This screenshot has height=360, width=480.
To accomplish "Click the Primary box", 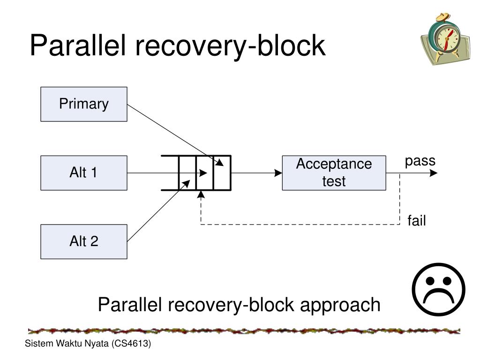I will click(x=83, y=104).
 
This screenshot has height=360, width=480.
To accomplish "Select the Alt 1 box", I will click(x=83, y=173).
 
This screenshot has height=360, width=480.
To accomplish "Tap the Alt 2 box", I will click(x=83, y=241).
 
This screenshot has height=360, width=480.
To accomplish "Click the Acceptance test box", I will click(x=334, y=173).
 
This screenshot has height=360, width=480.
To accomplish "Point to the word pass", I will click(x=420, y=161).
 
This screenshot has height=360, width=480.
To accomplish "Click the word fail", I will click(x=416, y=221).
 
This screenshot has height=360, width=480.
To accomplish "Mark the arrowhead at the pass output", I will click(x=434, y=173).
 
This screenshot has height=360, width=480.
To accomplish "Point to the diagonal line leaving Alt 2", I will click(x=157, y=211).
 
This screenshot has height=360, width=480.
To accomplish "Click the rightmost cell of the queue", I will click(x=222, y=173).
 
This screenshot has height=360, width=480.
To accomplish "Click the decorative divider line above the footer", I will click(x=244, y=331).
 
